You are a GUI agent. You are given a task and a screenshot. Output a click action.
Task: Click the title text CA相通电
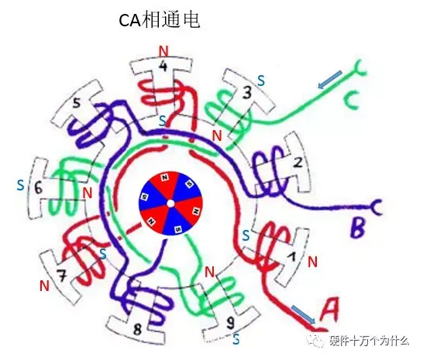pos(160,20)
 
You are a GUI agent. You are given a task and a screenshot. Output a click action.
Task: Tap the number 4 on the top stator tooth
pos(163,66)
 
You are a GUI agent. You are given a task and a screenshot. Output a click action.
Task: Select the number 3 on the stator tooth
pos(246,92)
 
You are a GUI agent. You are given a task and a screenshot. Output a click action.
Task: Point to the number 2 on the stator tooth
pos(297,163)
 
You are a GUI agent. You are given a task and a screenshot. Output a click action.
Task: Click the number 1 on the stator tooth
pos(291,256)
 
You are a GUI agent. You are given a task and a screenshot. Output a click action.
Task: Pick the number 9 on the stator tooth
pos(230,323)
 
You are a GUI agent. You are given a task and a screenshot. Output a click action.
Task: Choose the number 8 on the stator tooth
pos(137,329)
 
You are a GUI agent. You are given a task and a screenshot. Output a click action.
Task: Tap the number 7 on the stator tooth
pos(62,276)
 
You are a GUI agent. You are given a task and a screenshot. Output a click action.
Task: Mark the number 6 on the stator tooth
pos(38,187)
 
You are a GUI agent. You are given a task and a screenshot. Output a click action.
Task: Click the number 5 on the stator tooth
pos(77,102)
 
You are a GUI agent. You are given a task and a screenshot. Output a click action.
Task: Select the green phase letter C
pos(352,101)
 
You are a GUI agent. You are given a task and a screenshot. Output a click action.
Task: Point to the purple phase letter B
pos(358,228)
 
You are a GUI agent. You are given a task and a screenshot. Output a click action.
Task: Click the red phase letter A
pos(330,310)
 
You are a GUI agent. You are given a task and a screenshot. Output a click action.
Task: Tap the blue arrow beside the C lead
pos(330,80)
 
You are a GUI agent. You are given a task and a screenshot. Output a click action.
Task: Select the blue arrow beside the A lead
pos(303,314)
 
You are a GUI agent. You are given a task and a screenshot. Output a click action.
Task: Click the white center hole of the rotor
pos(170,204)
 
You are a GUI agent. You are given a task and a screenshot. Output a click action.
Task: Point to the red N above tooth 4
pos(163,51)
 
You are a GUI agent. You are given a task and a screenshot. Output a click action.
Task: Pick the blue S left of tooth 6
pos(20,186)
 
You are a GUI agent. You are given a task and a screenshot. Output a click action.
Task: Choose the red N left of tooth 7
pos(44,286)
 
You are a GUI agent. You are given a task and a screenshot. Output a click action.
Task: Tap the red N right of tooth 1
pos(313,262)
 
